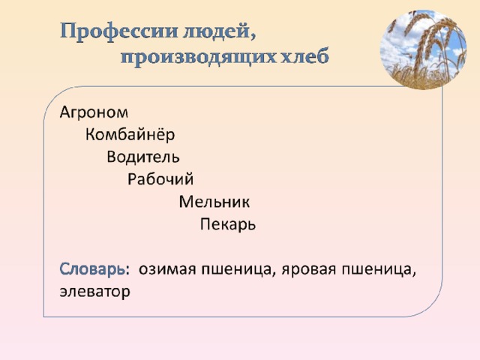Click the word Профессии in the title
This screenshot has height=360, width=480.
(x=118, y=31)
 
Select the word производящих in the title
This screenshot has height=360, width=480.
(x=198, y=57)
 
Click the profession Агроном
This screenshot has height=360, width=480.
(x=94, y=112)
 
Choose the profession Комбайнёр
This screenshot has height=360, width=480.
(x=130, y=134)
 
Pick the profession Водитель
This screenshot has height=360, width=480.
(x=143, y=157)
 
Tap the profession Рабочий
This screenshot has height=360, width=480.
(x=160, y=178)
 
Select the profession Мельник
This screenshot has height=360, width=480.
(x=214, y=202)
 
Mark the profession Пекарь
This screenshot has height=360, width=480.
(x=228, y=224)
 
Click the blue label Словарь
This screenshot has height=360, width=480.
(x=92, y=269)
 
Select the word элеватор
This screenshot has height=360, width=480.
(x=95, y=292)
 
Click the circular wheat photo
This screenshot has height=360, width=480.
(x=423, y=49)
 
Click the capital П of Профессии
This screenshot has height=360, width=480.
(x=67, y=31)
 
